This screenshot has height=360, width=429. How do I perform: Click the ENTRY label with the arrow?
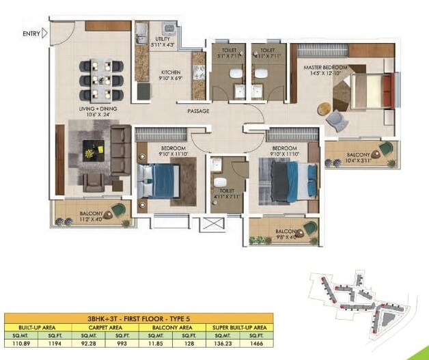pos(34,33)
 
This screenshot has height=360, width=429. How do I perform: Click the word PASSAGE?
pos(199,111)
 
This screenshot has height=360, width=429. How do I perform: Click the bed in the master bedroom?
pos(368,91)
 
